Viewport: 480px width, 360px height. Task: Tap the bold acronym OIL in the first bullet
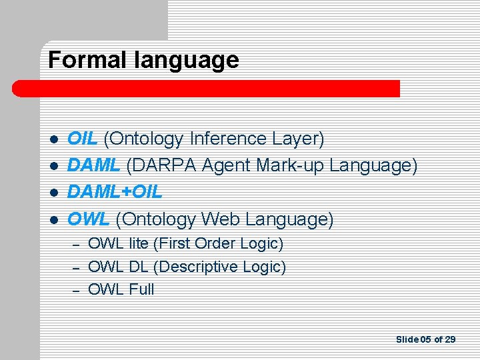click(x=84, y=139)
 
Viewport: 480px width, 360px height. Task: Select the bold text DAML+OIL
click(x=115, y=192)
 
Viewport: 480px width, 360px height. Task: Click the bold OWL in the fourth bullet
click(x=89, y=219)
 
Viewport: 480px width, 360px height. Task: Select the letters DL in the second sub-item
click(x=137, y=267)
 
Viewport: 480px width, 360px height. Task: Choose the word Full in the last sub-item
click(x=140, y=289)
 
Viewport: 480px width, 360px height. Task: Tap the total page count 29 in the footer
click(x=449, y=339)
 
